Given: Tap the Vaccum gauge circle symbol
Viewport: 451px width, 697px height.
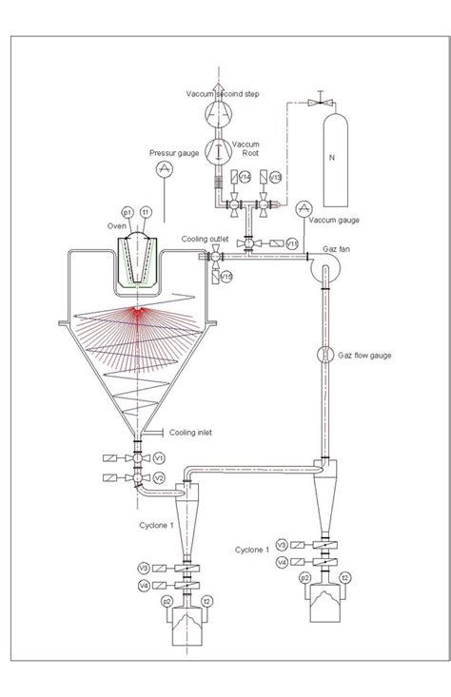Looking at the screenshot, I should (304, 208).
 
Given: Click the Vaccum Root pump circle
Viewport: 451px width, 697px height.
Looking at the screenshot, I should (218, 149).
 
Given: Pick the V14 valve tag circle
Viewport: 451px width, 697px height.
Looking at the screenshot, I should (245, 178).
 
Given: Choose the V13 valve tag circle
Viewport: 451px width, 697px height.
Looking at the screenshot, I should (275, 178).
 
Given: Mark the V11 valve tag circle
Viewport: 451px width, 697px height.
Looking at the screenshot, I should (292, 244).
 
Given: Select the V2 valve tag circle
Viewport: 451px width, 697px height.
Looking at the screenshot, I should (160, 477).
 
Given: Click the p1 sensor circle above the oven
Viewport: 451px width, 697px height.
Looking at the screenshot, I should (127, 212).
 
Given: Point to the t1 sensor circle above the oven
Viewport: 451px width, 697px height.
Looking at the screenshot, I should (147, 212).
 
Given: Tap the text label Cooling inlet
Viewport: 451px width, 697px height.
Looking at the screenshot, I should (190, 433).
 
